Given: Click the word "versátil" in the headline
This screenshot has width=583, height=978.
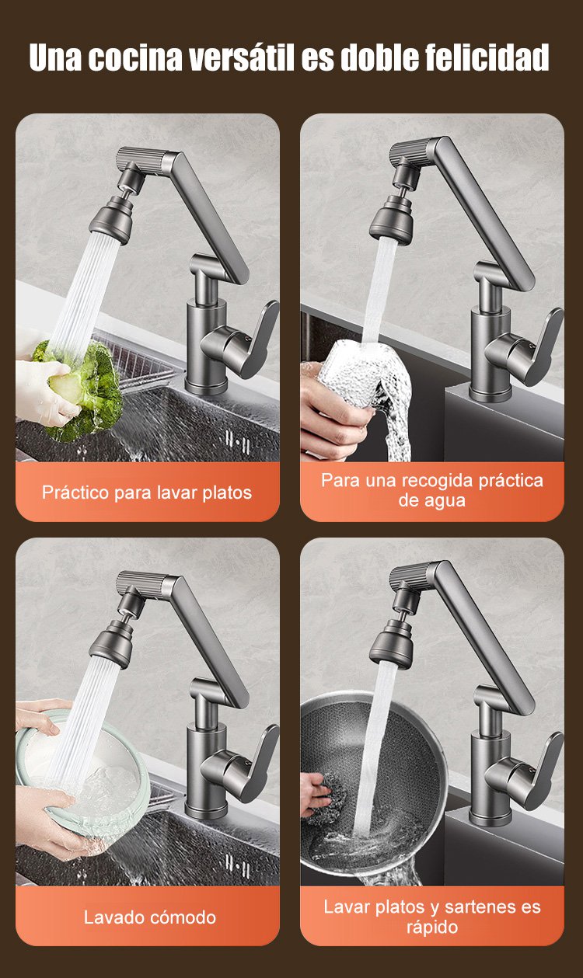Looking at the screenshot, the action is [241, 57].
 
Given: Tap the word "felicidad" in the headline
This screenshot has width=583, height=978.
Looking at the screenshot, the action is [487, 57].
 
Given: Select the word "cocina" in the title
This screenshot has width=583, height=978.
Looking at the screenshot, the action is [135, 57].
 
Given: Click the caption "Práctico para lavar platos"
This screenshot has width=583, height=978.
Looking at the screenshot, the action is [147, 492].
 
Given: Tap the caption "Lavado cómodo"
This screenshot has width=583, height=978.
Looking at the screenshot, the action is [150, 917].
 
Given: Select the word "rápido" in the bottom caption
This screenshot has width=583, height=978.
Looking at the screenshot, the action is [432, 927].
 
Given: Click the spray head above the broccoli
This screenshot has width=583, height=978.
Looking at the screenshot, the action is [111, 218].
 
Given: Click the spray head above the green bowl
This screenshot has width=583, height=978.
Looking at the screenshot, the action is [111, 642].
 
